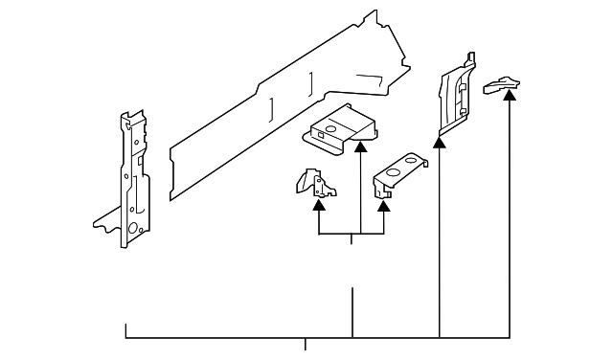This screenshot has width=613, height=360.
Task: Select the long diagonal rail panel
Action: coord(287,105)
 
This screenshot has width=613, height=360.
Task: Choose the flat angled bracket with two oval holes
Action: coord(398,173)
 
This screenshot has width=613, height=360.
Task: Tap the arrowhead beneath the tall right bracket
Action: coord(440,143)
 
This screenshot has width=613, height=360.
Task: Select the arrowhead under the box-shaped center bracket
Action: coord(360,146)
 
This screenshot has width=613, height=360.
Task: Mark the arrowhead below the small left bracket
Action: coord(319,202)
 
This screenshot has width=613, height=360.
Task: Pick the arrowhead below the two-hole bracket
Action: coord(384,202)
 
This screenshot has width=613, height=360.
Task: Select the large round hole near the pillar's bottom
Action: coord(135,228)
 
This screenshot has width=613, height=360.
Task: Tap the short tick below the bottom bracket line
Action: coord(306,345)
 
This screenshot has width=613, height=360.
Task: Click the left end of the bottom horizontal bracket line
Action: coord(126,331)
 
